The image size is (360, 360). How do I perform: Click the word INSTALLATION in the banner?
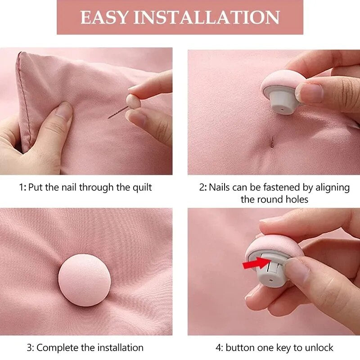pyautogui.click(x=207, y=17)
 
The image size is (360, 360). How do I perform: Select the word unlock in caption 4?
pyautogui.click(x=318, y=347)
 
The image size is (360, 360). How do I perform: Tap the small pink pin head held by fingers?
pyautogui.click(x=133, y=100)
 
